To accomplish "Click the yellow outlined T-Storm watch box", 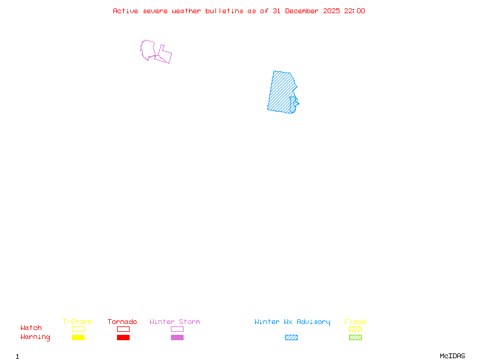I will (x=78, y=329).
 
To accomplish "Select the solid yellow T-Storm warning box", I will (x=78, y=337).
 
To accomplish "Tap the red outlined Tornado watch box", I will (x=123, y=329).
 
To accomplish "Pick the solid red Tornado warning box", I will (x=123, y=337).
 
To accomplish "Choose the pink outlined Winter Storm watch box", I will (x=177, y=329).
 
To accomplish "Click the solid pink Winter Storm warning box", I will (x=177, y=337).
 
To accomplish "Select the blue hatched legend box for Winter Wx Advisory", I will (x=291, y=337).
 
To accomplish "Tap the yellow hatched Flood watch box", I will (x=355, y=329).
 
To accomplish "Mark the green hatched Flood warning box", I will (x=355, y=337).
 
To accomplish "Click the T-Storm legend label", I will (x=77, y=322).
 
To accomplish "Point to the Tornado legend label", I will (x=122, y=322).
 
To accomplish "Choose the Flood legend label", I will (x=355, y=322).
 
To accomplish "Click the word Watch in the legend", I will (x=31, y=328).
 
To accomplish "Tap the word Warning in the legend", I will (x=35, y=337).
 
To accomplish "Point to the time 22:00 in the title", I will (x=354, y=11).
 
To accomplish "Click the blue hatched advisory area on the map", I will (x=279, y=93).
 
